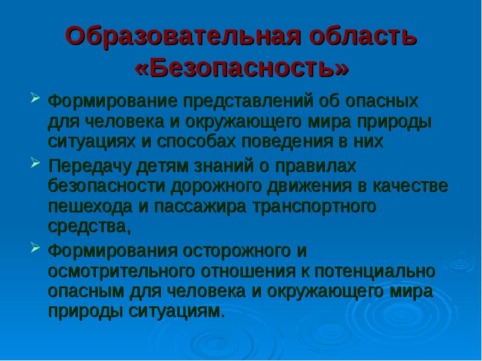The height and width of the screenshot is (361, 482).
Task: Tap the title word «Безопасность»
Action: click(242, 68)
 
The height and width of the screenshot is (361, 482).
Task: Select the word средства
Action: click(87, 227)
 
